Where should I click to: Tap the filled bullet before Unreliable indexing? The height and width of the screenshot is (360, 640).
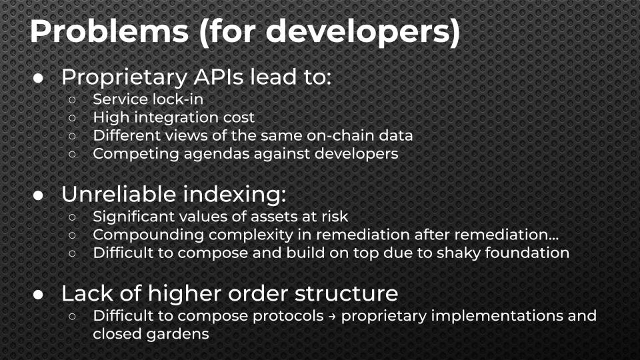(x=39, y=195)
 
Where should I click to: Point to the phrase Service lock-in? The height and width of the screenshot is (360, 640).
(x=148, y=99)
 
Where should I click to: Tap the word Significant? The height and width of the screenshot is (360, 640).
(x=128, y=217)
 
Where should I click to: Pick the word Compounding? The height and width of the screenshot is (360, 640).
(x=135, y=235)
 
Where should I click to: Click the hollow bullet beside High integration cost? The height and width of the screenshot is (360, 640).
(x=73, y=118)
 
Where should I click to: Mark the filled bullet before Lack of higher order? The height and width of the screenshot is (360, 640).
(x=39, y=294)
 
